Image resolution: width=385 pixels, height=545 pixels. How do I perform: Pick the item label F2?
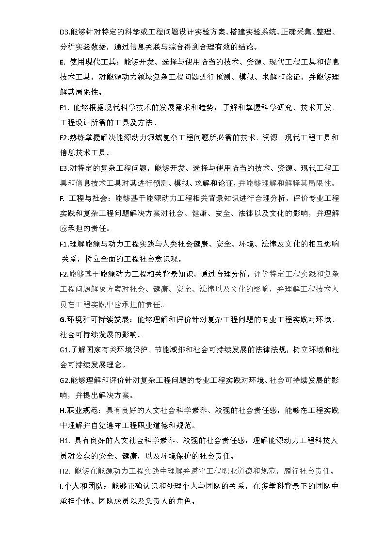pos(64,274)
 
